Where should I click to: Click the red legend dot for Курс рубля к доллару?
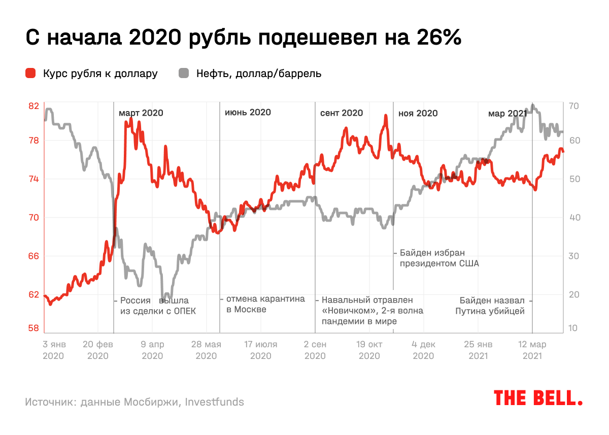pos(31,74)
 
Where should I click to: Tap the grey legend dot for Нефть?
pos(184,74)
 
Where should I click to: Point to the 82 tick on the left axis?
pos(33,106)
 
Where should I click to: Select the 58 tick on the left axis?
pos(33,329)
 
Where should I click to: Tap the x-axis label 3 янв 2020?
pos(53,350)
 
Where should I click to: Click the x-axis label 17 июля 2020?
pos(260,350)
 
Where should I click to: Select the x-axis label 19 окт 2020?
pos(369,350)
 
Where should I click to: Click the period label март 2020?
pos(141,113)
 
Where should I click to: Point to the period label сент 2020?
pos(342,113)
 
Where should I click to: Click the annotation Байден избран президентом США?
pos(439,258)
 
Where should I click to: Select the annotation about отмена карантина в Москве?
pos(265,304)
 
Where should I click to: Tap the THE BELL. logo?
pos(538,398)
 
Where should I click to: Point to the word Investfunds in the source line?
pos(214,402)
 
